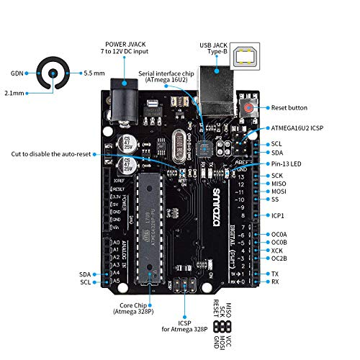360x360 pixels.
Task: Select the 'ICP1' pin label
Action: point(278,215)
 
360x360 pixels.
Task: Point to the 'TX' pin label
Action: point(275,274)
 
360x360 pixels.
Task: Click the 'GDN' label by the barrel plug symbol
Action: point(17,73)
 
